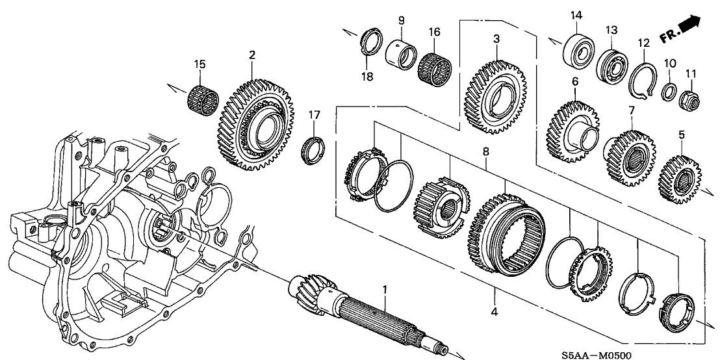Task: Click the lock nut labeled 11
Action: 688,100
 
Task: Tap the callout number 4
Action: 495,313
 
